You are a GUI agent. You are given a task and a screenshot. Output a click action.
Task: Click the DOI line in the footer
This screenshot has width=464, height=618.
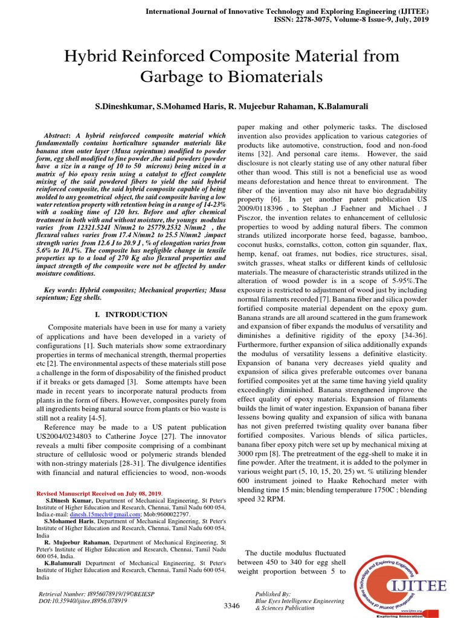click(x=83, y=601)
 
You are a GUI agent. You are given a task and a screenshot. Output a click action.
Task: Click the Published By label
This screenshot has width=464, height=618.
click(x=274, y=594)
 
